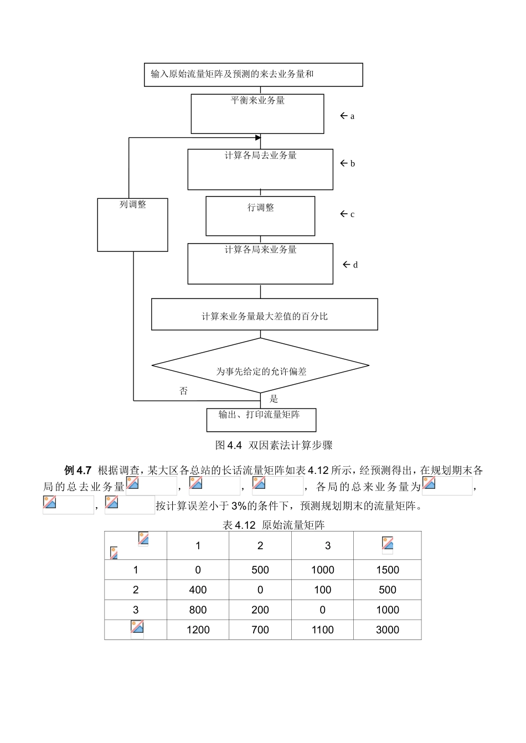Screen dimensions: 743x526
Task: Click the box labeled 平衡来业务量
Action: [x=257, y=113]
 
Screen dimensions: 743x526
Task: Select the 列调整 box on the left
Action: [x=132, y=224]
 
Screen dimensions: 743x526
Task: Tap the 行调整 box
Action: [x=260, y=215]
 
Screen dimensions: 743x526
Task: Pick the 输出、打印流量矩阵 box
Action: [x=261, y=420]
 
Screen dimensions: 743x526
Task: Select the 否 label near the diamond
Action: [x=184, y=391]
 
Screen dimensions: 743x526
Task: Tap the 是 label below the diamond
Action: [x=274, y=399]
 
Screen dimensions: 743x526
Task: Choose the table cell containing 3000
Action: [x=387, y=630]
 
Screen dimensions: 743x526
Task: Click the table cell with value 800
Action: [x=198, y=610]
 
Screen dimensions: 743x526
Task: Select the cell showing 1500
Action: [x=387, y=570]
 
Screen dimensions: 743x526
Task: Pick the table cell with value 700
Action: [x=260, y=630]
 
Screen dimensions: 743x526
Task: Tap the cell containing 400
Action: [x=198, y=590]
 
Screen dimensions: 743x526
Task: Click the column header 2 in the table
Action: [x=260, y=545]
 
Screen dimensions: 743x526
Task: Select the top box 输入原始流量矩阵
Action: [x=253, y=75]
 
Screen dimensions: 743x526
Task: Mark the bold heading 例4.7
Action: [x=78, y=471]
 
